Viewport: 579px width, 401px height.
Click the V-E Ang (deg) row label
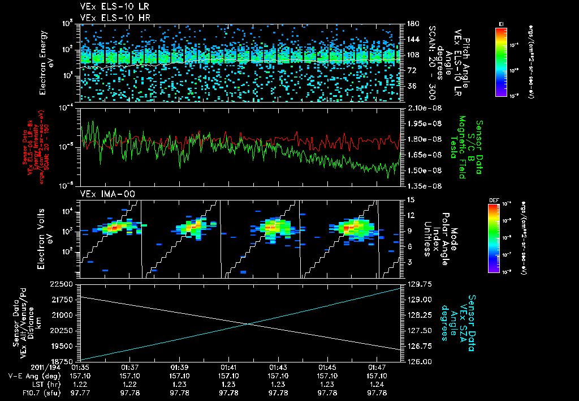click(32, 376)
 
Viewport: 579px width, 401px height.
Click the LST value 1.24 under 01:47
click(377, 384)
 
